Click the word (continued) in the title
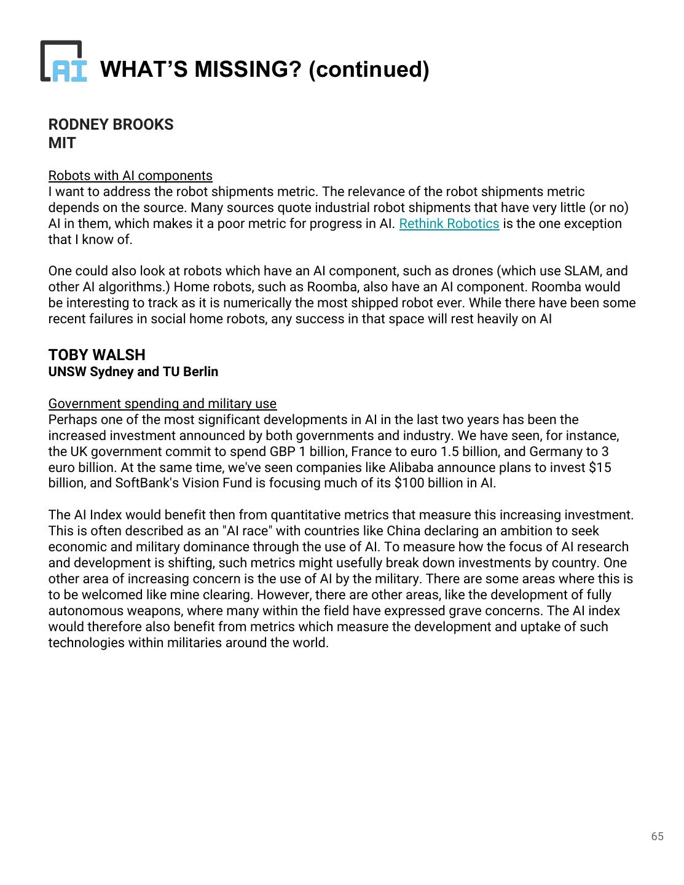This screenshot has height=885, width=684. point(368,69)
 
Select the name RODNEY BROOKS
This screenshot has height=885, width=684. point(111,124)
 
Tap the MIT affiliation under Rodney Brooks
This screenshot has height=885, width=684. point(62,143)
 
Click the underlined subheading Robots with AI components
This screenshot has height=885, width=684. point(130,176)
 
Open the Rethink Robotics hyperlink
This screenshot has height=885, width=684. point(449,224)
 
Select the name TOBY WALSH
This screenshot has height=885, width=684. point(97,355)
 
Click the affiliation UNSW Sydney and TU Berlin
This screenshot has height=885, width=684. point(133,372)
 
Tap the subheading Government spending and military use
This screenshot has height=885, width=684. point(162,404)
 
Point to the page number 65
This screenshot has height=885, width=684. point(657,836)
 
